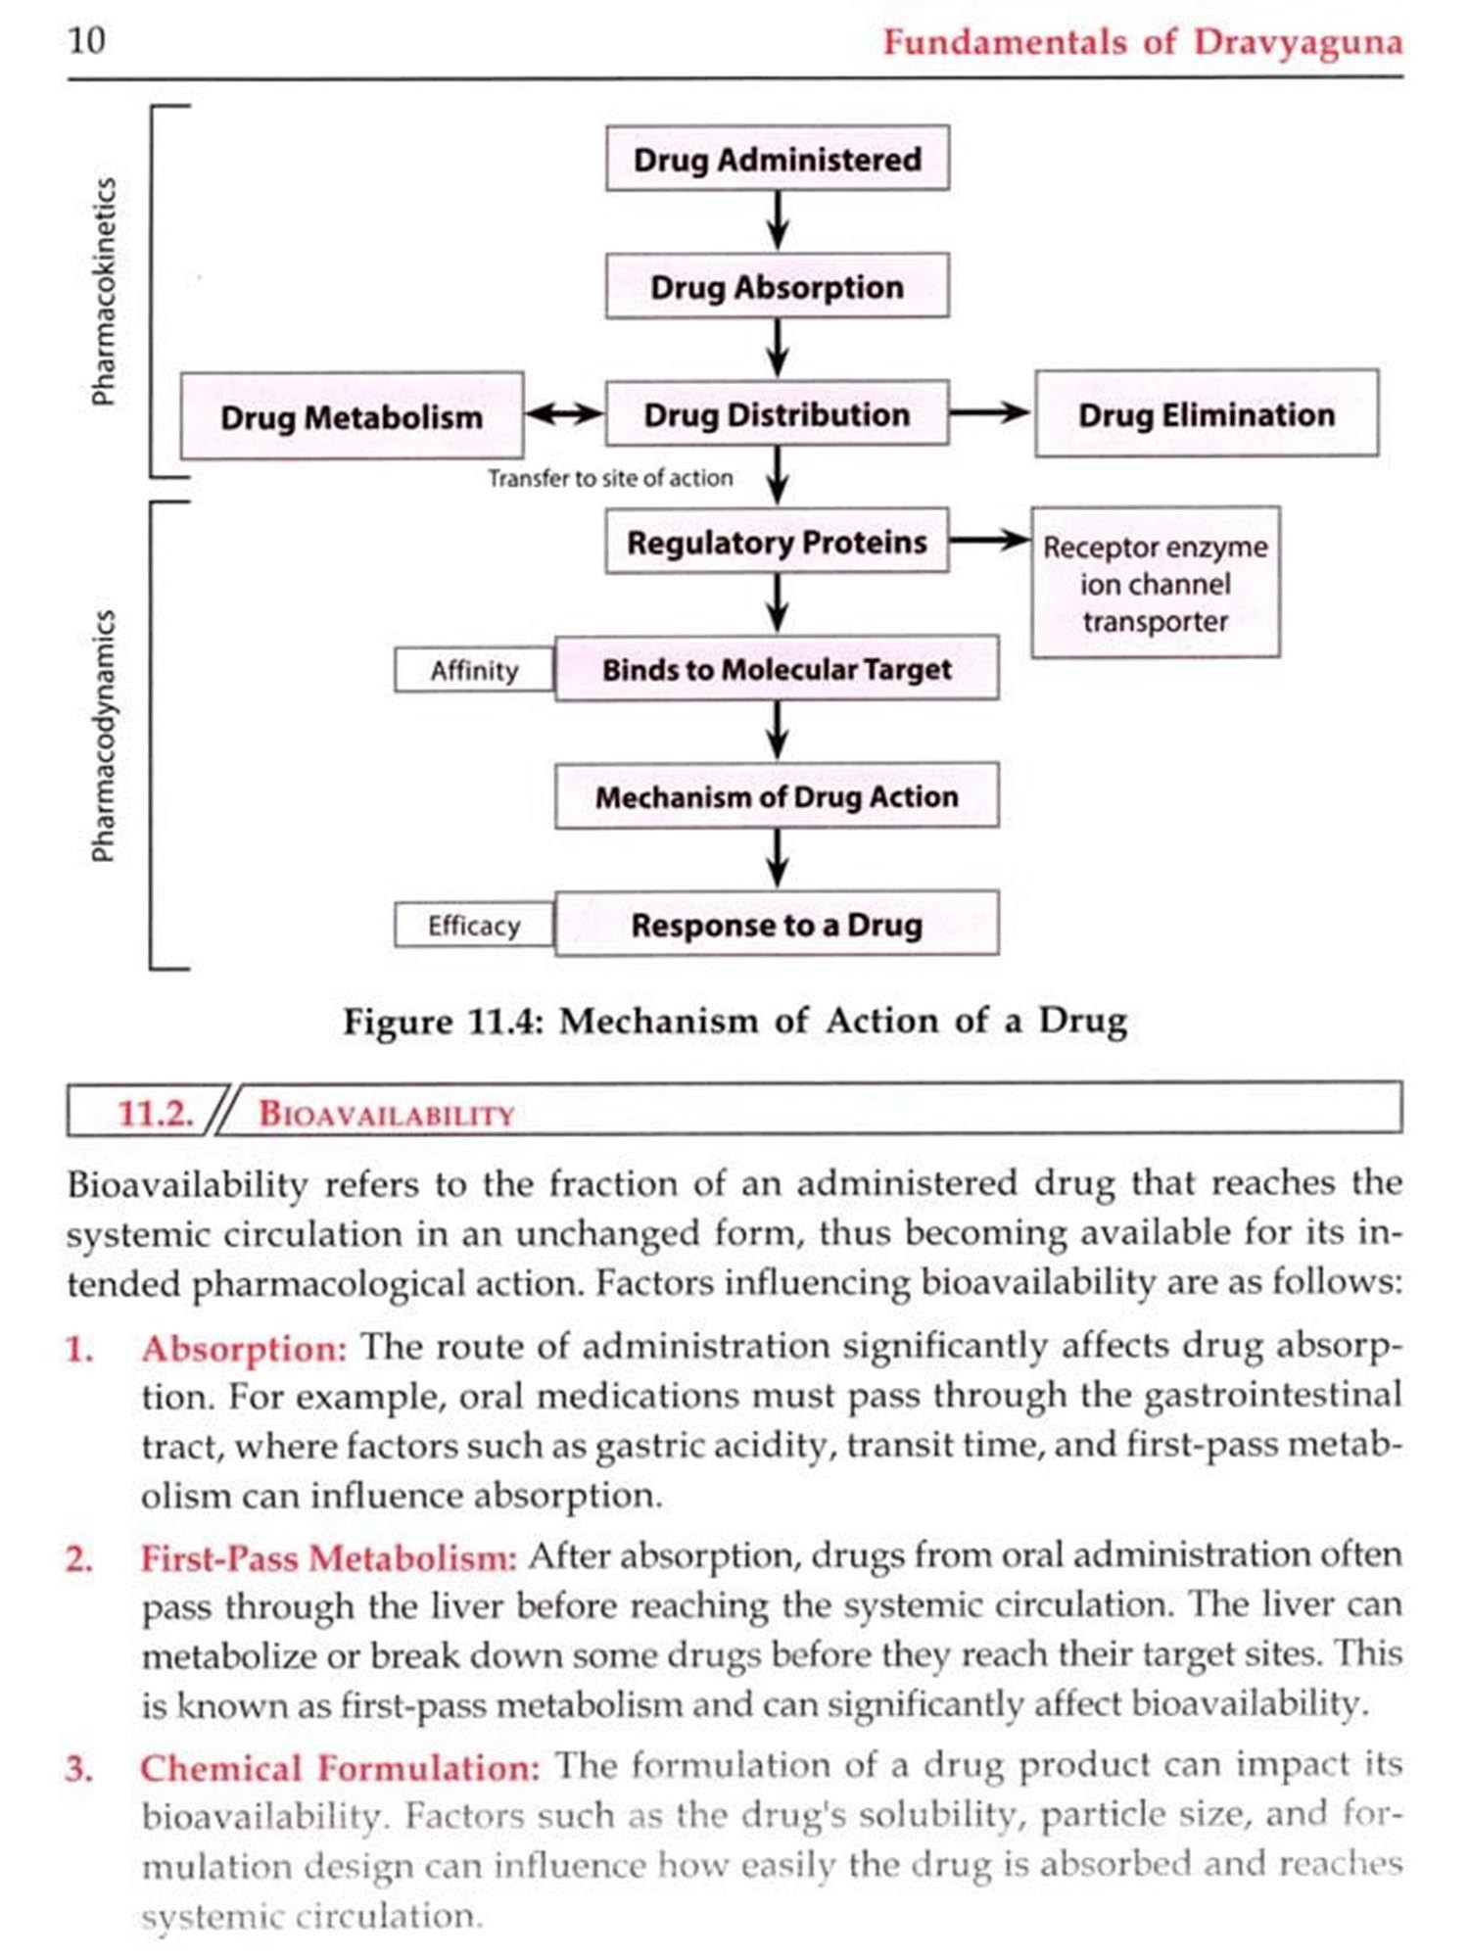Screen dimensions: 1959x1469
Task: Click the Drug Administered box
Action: [777, 159]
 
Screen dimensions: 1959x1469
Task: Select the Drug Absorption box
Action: [777, 286]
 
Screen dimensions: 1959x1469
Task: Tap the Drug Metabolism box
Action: [351, 416]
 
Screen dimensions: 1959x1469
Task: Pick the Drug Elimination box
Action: [1207, 414]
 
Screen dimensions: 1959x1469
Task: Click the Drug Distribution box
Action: [777, 414]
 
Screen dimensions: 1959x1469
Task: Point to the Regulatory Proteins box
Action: [777, 541]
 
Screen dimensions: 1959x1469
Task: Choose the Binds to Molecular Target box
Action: [777, 669]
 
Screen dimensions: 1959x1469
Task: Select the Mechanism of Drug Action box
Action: [777, 796]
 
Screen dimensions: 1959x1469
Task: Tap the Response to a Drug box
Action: [777, 924]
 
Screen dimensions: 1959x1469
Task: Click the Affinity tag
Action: [474, 670]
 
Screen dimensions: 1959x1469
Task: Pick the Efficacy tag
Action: [474, 925]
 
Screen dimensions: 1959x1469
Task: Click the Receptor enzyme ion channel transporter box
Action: [1156, 583]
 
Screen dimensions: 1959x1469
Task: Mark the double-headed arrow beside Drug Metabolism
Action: [564, 414]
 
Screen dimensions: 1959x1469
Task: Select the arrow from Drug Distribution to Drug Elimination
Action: [990, 413]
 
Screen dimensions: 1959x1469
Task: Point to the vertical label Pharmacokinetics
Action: [104, 291]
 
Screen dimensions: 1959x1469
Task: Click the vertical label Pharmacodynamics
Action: [104, 735]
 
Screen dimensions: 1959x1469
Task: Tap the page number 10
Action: [86, 40]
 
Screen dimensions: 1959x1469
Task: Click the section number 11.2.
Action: [155, 1113]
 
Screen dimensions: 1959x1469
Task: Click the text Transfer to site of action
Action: [610, 478]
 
